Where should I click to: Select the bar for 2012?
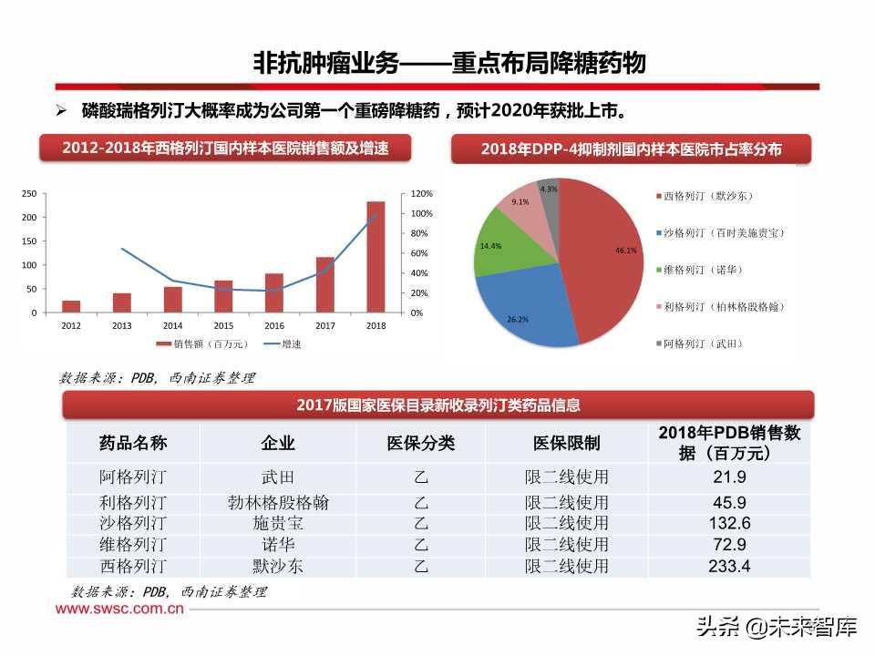(x=71, y=306)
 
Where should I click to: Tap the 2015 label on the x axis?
(x=223, y=325)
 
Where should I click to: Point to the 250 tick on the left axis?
(x=29, y=194)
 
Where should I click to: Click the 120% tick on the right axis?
(x=421, y=194)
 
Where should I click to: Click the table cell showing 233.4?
(x=728, y=567)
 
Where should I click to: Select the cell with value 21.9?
(x=728, y=477)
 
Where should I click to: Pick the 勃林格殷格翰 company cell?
(x=278, y=502)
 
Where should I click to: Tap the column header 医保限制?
(x=566, y=443)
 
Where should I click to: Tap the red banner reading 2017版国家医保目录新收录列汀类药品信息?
(x=438, y=405)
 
